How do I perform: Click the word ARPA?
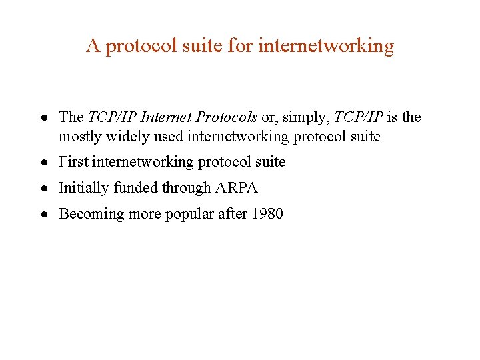coord(236,188)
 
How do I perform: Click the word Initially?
coord(84,188)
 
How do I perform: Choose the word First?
coord(73,162)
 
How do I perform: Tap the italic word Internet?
coord(170,117)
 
